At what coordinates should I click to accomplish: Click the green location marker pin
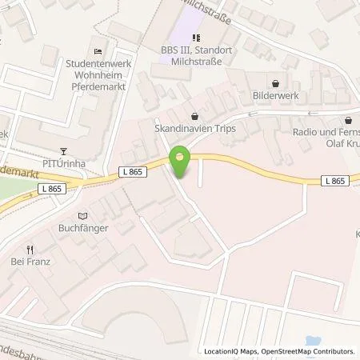[x=180, y=162]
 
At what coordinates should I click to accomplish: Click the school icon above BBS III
[x=196, y=36]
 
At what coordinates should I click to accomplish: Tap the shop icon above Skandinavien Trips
[x=196, y=113]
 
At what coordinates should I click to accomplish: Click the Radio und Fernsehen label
[x=326, y=134]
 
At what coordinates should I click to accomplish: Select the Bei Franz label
[x=30, y=262]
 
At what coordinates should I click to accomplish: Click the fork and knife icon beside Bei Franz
[x=30, y=249]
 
